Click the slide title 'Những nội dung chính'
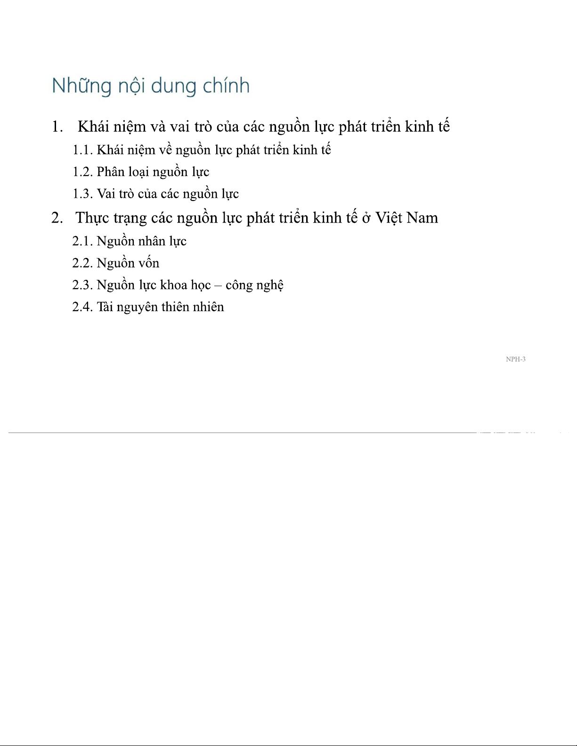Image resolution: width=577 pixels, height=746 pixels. (x=150, y=86)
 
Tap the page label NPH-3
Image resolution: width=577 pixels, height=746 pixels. (x=515, y=359)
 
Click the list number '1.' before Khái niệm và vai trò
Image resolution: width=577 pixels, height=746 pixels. (x=57, y=127)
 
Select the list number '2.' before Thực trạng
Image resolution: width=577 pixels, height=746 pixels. (x=57, y=218)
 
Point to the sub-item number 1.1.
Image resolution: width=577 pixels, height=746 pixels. (x=82, y=150)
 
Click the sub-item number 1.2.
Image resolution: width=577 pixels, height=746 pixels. (x=82, y=172)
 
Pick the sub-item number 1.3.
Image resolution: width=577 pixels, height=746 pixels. (x=82, y=194)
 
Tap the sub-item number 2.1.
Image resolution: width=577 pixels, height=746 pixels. (x=82, y=241)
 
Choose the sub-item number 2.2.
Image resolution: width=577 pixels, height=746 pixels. (x=82, y=263)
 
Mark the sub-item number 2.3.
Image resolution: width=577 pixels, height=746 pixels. (x=82, y=285)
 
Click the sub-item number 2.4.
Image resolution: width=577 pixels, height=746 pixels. (x=82, y=307)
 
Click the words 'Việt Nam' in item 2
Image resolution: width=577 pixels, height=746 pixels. (x=406, y=218)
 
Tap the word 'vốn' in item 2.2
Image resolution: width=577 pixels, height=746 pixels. (x=149, y=263)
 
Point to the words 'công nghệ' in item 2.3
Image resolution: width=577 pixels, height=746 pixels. (x=254, y=285)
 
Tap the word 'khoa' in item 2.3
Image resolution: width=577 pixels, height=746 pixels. (x=171, y=285)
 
